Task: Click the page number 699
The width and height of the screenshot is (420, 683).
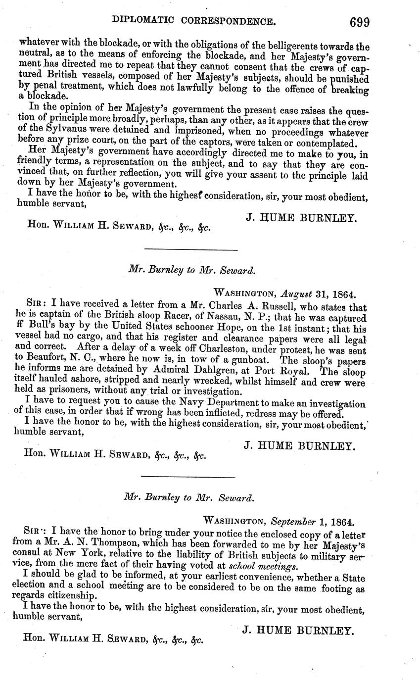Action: click(x=360, y=23)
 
